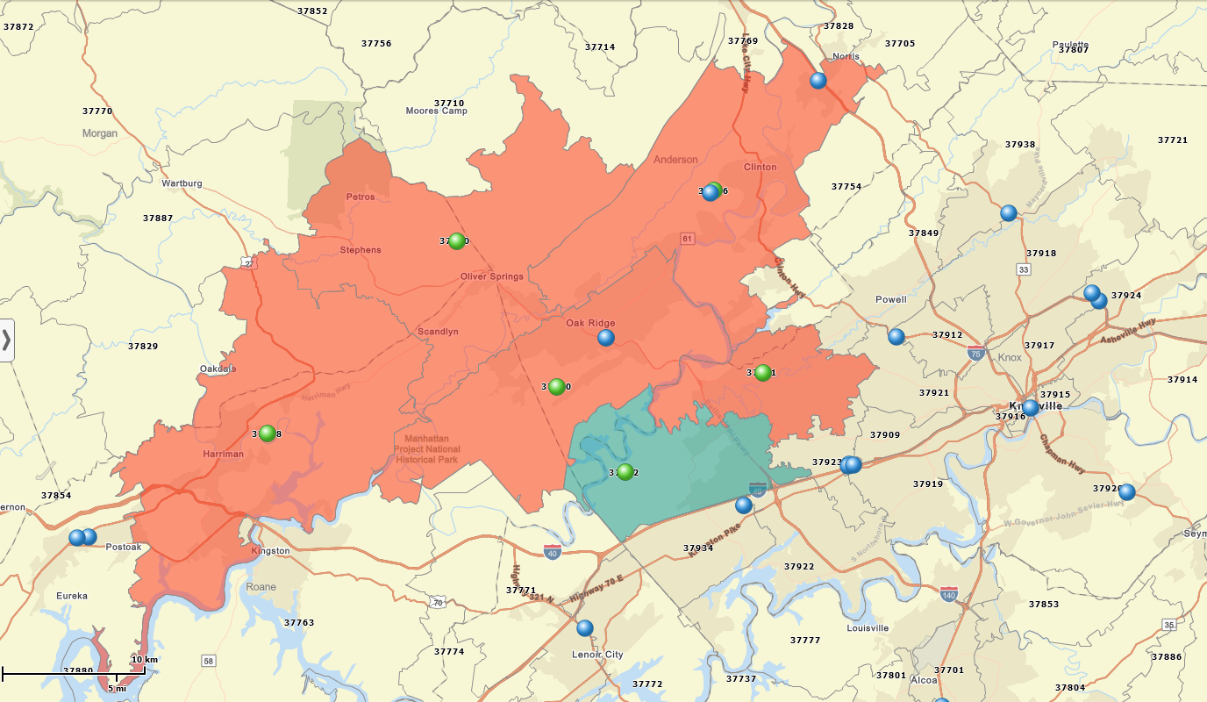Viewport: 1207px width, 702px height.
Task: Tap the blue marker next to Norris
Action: click(818, 81)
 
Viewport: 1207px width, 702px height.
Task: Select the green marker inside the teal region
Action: click(625, 472)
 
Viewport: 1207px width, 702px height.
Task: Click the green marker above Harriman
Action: click(268, 433)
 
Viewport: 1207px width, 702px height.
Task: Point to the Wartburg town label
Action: click(182, 183)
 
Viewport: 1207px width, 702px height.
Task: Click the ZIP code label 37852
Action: click(312, 11)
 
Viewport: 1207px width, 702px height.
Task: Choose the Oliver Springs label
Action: click(491, 276)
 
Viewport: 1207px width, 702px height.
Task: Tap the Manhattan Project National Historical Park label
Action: click(426, 448)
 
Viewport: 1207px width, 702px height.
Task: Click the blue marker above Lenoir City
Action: click(585, 627)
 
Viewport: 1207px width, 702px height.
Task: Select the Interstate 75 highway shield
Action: click(975, 353)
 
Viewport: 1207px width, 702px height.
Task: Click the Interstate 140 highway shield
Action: click(948, 594)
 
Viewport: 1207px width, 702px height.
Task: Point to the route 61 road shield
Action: click(687, 239)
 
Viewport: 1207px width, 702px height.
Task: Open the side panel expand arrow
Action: click(6, 340)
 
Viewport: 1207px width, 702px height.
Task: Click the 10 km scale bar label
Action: click(145, 660)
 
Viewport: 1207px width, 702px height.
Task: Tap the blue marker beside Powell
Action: click(896, 336)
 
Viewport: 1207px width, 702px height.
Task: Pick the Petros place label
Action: click(360, 197)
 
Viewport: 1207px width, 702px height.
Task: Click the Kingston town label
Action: click(270, 550)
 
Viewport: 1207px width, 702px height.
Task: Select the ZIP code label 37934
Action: click(698, 548)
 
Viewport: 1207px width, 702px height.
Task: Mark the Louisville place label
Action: click(868, 627)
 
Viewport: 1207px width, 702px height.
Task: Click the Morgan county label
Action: click(99, 133)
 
